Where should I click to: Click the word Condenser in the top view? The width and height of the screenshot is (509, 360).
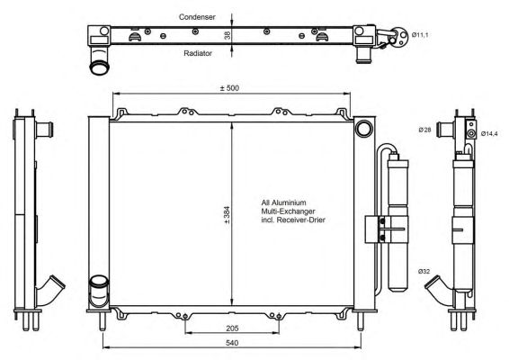point(197,17)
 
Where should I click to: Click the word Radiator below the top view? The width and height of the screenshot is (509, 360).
point(198,53)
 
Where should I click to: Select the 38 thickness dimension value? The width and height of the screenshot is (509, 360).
point(228,35)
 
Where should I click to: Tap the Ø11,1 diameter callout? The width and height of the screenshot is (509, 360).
point(420,35)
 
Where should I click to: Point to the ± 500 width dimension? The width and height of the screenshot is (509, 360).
point(229,87)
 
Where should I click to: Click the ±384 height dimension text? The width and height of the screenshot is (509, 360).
point(227,215)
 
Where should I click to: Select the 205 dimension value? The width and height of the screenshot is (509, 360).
point(232,328)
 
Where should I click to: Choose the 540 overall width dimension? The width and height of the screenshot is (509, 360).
point(232,343)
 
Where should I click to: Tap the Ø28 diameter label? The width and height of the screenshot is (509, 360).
point(424,130)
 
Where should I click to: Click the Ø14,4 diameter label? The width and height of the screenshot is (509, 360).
point(489,133)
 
